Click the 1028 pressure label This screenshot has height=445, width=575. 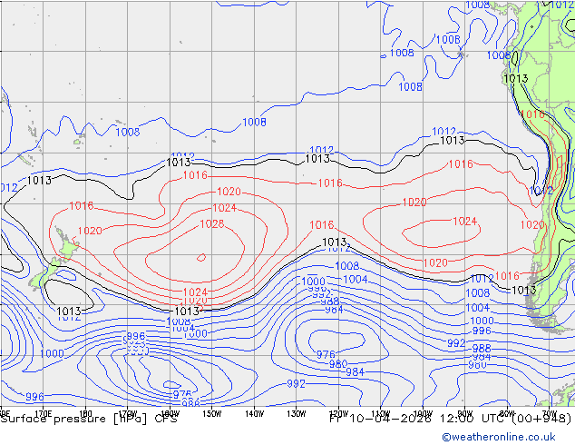(x=212, y=223)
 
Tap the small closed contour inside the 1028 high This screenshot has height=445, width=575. (x=200, y=257)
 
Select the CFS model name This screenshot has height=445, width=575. (x=166, y=419)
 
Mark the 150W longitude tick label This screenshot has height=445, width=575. (x=212, y=413)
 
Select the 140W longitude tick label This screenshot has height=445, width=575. (x=254, y=413)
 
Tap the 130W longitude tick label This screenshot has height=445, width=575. (x=296, y=413)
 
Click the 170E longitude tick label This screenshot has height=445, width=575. (x=42, y=413)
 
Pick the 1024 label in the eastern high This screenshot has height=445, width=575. (x=464, y=222)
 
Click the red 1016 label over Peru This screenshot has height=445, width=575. (x=533, y=115)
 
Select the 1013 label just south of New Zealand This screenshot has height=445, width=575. (x=69, y=311)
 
